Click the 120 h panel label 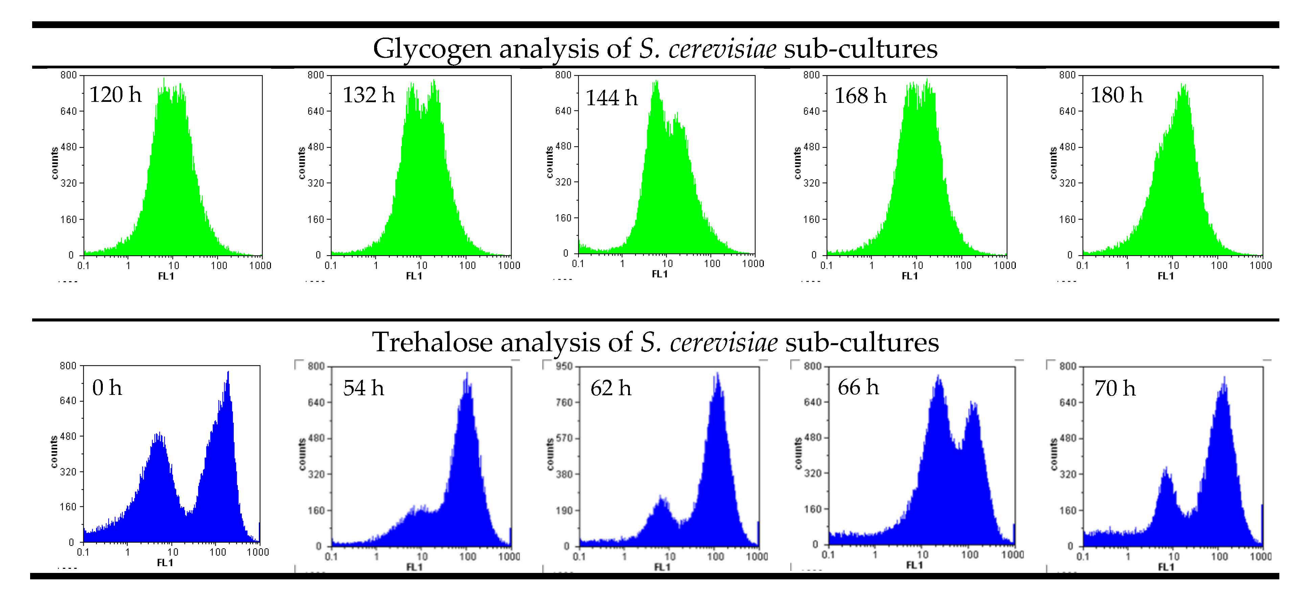tap(115, 95)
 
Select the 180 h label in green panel tap(1116, 95)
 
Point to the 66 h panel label tap(858, 388)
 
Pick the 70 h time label tap(1115, 389)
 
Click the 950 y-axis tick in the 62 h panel tap(565, 366)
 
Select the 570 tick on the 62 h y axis tap(565, 438)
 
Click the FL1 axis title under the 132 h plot tap(414, 276)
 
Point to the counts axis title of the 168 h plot tap(798, 163)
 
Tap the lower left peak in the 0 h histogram tap(159, 434)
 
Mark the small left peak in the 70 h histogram tap(1166, 469)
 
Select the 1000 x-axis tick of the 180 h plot tap(1260, 265)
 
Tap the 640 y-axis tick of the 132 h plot tap(315, 111)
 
